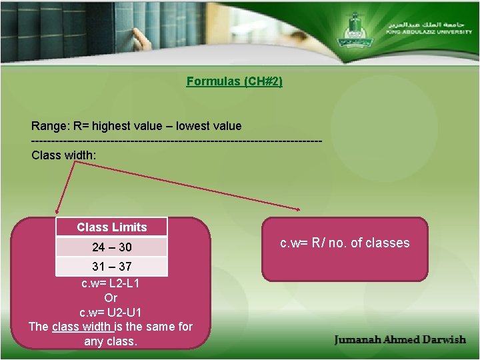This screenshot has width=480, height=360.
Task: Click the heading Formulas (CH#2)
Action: tap(234, 81)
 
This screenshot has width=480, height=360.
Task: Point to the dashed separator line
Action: tap(177, 141)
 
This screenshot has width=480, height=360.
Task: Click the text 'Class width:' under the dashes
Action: tap(63, 155)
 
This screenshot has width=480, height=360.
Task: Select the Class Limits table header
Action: tap(111, 227)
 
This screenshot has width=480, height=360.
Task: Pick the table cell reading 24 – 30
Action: tap(111, 247)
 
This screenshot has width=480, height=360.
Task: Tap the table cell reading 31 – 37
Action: tap(111, 267)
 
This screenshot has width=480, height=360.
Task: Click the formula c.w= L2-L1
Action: tap(110, 283)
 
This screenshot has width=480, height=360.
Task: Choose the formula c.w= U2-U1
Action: tap(110, 312)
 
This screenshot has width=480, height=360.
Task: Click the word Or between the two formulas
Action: tap(111, 298)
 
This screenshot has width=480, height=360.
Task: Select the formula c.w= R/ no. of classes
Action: tap(345, 243)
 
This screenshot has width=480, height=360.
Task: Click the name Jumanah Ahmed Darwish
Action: tap(400, 339)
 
